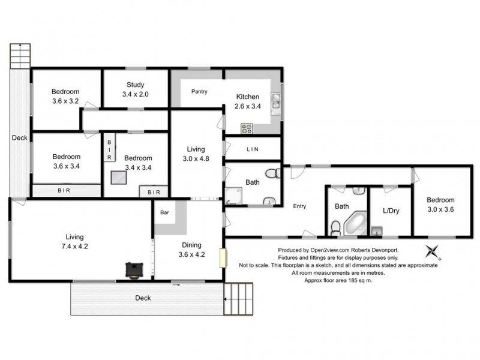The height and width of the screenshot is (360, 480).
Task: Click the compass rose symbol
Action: pos(431,251)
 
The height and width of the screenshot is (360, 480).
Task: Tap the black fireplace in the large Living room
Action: pos(133,270)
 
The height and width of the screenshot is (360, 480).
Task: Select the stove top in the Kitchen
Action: pos(247,128)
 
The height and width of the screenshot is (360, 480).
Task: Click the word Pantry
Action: pos(199,92)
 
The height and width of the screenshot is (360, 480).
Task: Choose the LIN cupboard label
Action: pos(252,149)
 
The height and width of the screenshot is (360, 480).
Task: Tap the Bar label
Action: pos(164,212)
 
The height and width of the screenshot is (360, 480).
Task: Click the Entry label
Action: pos(299,206)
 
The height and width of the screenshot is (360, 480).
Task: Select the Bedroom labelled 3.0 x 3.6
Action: pos(440,204)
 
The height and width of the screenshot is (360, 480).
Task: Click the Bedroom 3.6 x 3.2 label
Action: pos(66,97)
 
